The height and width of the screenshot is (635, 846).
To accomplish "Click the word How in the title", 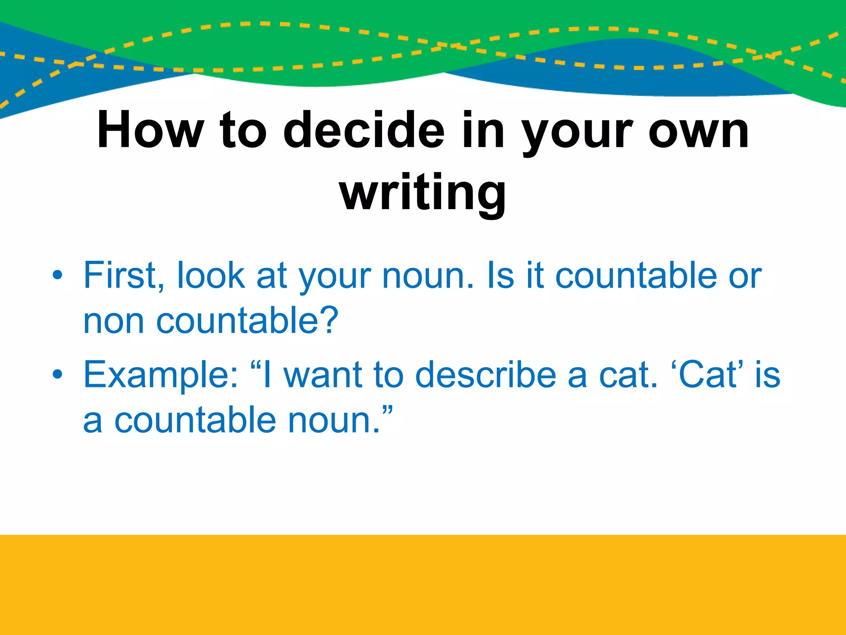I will pyautogui.click(x=150, y=130).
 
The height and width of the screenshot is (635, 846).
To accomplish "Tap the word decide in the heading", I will pyautogui.click(x=364, y=130).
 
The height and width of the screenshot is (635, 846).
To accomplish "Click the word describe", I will pyautogui.click(x=485, y=375).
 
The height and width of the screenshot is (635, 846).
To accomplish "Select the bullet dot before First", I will pyautogui.click(x=57, y=275).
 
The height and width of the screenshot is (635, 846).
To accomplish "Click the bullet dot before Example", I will pyautogui.click(x=57, y=375).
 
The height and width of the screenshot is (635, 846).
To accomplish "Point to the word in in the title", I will pyautogui.click(x=483, y=130).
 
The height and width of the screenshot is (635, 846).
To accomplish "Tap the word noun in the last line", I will pyautogui.click(x=334, y=421).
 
